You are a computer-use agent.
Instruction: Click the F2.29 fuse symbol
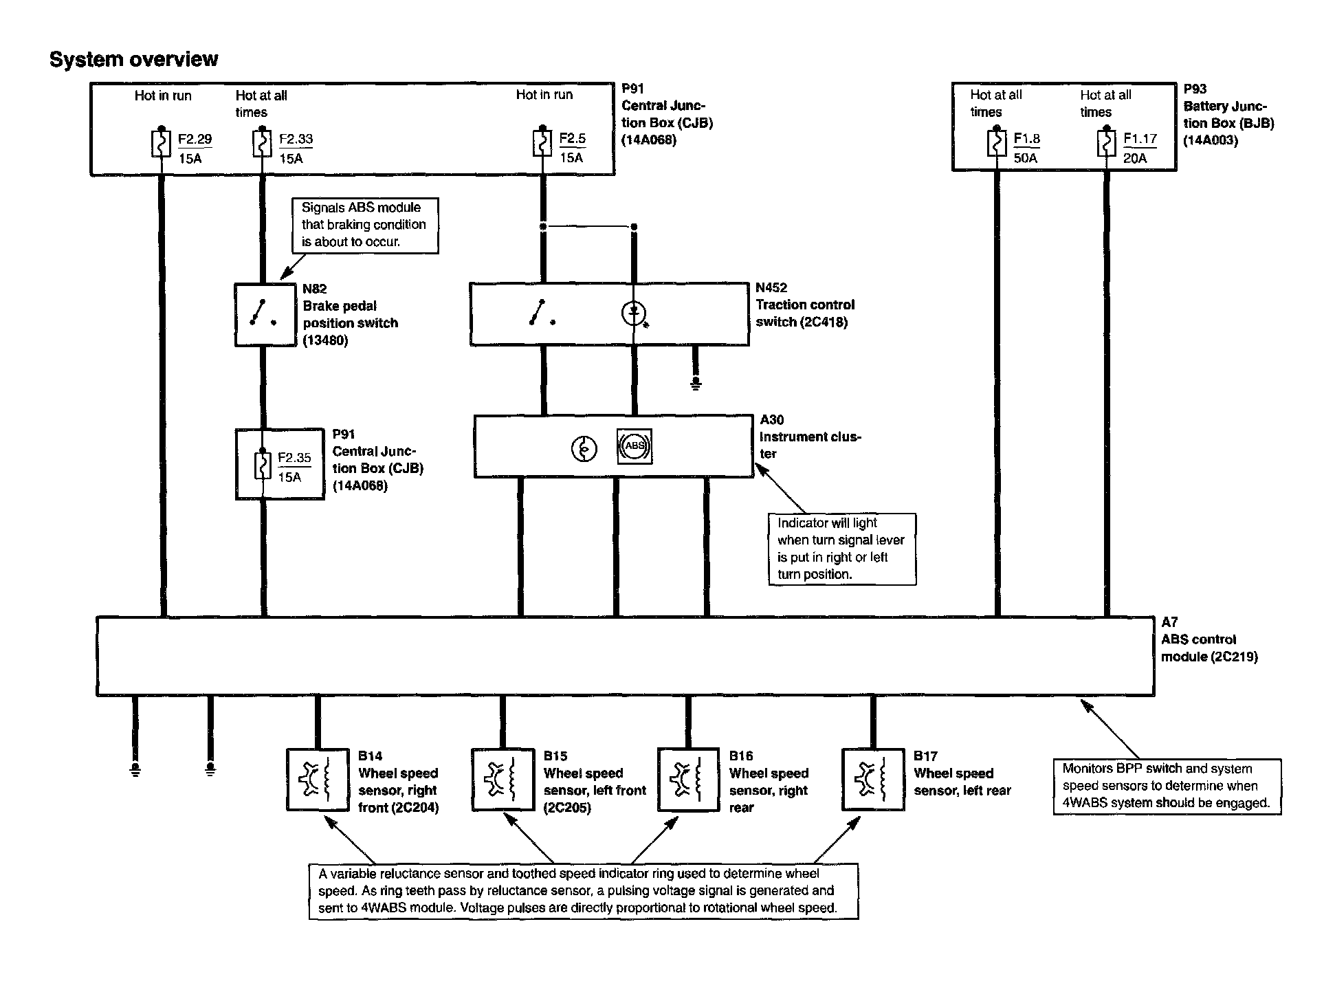(161, 144)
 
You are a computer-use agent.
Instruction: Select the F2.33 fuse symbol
(262, 144)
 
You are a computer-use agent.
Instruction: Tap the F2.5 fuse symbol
(542, 144)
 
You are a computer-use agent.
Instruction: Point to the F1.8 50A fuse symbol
(997, 144)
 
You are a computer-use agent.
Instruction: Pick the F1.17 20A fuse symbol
(1106, 144)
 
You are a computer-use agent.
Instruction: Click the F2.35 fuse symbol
(262, 465)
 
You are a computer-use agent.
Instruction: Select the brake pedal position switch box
(265, 315)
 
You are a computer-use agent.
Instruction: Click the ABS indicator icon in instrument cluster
(635, 447)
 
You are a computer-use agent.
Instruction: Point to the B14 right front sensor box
(317, 780)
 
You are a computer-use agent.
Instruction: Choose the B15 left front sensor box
(503, 780)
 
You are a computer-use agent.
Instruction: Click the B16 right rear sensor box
(689, 780)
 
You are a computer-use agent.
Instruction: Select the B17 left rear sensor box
(872, 780)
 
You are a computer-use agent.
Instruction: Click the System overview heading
(134, 59)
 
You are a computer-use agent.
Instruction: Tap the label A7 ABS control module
(1209, 639)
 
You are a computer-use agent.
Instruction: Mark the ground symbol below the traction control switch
(696, 383)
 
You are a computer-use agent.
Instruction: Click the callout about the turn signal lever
(841, 549)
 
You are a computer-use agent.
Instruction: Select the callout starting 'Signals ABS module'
(364, 225)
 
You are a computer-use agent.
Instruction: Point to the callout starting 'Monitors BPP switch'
(1167, 786)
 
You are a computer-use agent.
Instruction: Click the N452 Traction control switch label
(804, 305)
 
